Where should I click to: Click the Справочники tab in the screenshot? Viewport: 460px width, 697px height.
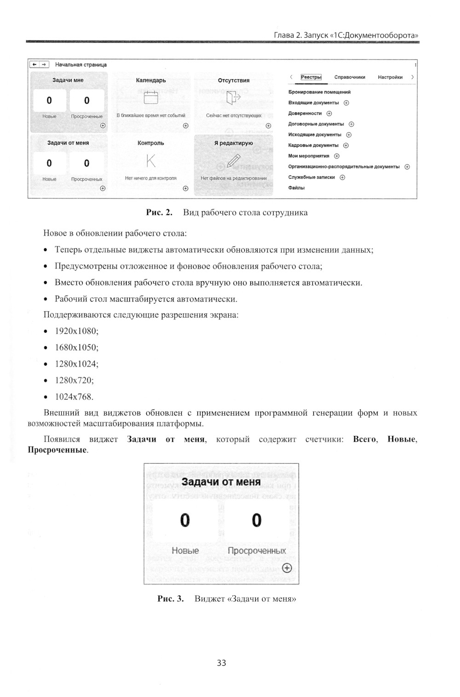coord(350,77)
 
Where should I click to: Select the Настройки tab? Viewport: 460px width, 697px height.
coord(390,77)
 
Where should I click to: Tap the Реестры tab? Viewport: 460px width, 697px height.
coord(311,77)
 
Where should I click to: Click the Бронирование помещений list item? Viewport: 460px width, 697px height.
coord(319,92)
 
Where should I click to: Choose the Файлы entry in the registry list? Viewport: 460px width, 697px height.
coord(296,188)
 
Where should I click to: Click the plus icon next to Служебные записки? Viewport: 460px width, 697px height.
coord(342,177)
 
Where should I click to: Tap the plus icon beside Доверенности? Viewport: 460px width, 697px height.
coord(329,114)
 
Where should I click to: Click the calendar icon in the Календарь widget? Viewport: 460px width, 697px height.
coord(151,98)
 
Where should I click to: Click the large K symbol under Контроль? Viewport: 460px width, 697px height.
coord(151,161)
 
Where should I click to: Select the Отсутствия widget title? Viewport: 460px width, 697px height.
coord(234,81)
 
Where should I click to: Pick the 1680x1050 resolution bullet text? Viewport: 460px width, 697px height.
coord(76,348)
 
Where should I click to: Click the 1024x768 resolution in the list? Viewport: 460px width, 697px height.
coord(74,397)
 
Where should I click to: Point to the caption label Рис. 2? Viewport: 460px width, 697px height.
coord(159,213)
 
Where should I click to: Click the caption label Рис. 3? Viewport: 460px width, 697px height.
coord(170,599)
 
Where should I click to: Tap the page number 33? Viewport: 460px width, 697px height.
coord(221,663)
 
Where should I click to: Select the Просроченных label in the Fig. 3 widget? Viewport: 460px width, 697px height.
coord(257,551)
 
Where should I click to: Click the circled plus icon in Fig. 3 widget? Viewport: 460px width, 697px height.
coord(287,568)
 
